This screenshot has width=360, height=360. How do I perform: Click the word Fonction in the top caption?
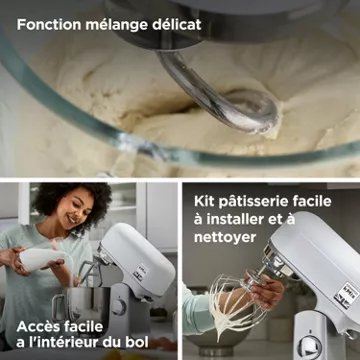click(x=48, y=25)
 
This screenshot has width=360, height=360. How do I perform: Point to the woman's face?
click(x=75, y=212)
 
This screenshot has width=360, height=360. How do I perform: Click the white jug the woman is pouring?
click(x=41, y=258)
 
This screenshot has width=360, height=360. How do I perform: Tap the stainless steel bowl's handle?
click(x=57, y=307)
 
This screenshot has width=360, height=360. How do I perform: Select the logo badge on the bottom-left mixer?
click(x=141, y=272)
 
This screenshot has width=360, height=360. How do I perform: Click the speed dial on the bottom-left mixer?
click(x=119, y=307)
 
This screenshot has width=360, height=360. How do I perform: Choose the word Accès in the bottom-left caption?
click(x=37, y=327)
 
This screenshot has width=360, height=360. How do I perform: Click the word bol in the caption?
click(x=139, y=343)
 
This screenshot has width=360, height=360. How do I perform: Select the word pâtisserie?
click(x=254, y=202)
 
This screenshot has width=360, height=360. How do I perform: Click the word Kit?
click(x=205, y=201)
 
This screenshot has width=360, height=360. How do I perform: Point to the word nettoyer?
click(x=225, y=238)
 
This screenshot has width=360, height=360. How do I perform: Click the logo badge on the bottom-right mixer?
click(x=347, y=295)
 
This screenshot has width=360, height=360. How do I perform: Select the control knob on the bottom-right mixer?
click(x=309, y=347)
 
